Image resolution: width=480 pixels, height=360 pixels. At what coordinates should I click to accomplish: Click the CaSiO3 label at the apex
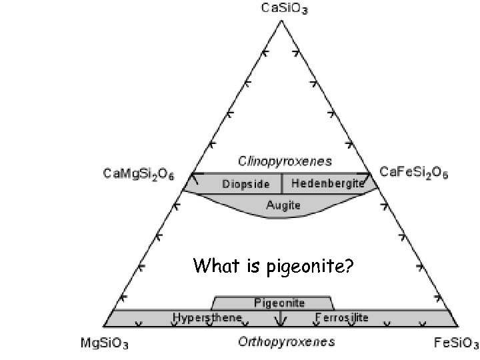[x=281, y=9]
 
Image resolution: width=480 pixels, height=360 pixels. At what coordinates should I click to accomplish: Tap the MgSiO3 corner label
[x=105, y=344]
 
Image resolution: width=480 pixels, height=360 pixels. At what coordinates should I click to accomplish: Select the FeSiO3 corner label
[x=457, y=344]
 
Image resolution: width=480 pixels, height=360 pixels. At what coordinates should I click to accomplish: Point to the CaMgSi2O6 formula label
[x=139, y=174]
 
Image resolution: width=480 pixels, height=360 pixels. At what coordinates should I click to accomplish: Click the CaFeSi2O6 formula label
[x=414, y=173]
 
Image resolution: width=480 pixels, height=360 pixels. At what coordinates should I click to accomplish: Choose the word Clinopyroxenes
[x=285, y=161]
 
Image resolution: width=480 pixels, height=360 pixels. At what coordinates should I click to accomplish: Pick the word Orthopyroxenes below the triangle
[x=287, y=343]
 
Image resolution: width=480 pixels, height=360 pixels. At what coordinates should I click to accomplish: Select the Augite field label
[x=284, y=205]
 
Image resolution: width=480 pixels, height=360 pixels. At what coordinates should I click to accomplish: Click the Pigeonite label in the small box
[x=279, y=303]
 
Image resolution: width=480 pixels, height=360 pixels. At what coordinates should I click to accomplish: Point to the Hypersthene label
[x=207, y=318]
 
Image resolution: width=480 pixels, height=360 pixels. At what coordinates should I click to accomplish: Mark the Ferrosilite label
[x=341, y=318]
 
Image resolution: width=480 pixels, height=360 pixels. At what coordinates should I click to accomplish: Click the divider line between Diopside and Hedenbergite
[x=282, y=183]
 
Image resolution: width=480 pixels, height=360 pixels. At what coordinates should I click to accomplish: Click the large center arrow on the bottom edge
[x=281, y=321]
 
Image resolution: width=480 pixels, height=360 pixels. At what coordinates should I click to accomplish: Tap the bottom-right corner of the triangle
[x=459, y=327]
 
